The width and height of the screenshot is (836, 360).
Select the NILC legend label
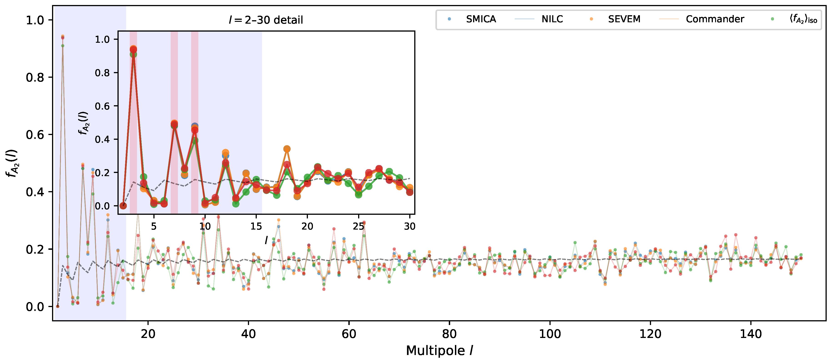(x=552, y=19)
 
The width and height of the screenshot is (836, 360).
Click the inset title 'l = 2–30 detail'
(x=266, y=20)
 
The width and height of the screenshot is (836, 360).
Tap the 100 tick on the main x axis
(x=550, y=334)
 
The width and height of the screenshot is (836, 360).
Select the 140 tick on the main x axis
(x=751, y=334)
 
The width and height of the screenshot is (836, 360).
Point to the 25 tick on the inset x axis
(x=358, y=226)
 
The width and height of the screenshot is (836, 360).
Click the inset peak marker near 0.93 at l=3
(x=133, y=50)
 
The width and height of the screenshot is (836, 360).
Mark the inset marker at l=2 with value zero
(x=123, y=206)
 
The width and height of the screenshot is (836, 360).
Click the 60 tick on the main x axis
(x=349, y=334)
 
